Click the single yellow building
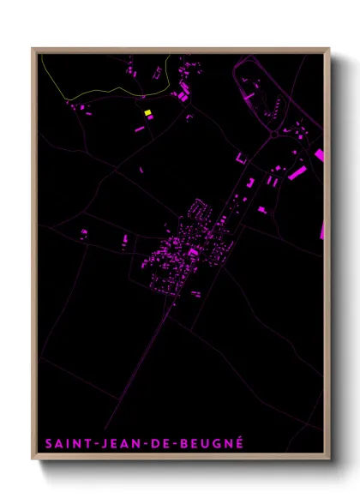tap(147, 112)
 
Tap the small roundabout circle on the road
tap(273, 134)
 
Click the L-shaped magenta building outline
tap(241, 159)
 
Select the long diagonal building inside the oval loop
tap(249, 98)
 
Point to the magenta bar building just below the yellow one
tap(140, 129)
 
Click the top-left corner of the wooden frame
tap(33, 48)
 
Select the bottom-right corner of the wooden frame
tap(330, 459)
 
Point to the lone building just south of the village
tap(196, 294)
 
